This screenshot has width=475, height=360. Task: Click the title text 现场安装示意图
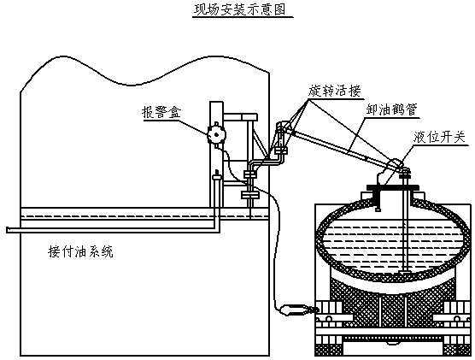click(x=240, y=9)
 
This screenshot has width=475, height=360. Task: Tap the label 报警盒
click(x=161, y=112)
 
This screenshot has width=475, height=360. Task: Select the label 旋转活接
click(x=335, y=91)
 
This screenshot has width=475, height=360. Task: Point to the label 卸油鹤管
click(x=391, y=109)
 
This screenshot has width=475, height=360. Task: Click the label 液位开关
click(x=439, y=137)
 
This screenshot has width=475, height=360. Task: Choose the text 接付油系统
click(x=80, y=251)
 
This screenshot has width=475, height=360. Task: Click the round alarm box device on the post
click(x=216, y=134)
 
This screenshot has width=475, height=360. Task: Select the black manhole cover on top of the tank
click(x=393, y=187)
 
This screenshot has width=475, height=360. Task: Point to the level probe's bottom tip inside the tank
click(x=405, y=270)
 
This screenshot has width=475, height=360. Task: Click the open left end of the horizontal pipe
click(x=8, y=230)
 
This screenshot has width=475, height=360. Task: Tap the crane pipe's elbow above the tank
click(x=396, y=165)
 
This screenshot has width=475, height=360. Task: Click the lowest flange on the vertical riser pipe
click(x=250, y=195)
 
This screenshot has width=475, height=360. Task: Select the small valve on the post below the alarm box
click(x=217, y=175)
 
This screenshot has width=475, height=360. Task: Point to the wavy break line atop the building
click(x=144, y=72)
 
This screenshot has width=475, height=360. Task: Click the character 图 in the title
click(x=279, y=9)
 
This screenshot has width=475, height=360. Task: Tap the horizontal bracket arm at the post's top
click(x=240, y=117)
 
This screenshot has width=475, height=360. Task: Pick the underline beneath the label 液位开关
click(x=440, y=145)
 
